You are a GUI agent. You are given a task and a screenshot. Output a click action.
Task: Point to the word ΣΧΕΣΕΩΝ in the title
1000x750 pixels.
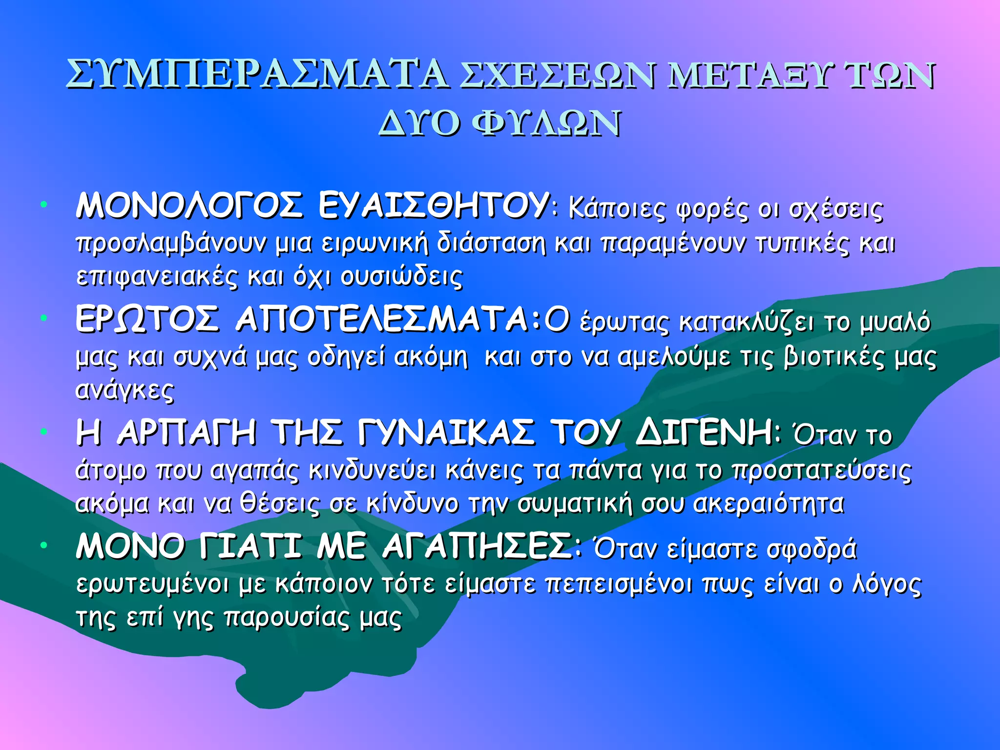pos(557,76)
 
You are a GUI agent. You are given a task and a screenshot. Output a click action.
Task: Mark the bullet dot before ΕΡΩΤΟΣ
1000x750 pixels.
pos(44,318)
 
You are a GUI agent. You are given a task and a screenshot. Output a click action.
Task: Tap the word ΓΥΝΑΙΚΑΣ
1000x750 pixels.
pos(447,433)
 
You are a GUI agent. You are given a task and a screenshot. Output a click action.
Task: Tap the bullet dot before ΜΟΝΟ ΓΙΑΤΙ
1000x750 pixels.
pos(44,544)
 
